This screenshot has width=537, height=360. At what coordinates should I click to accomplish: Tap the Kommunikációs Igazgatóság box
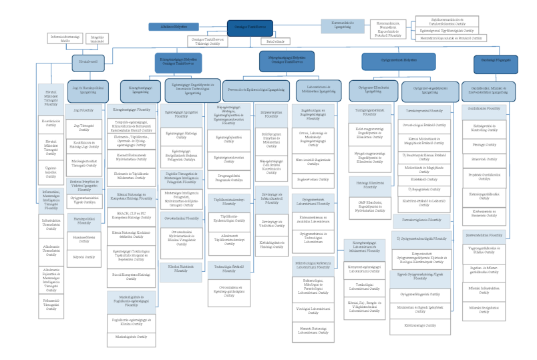pos(342,25)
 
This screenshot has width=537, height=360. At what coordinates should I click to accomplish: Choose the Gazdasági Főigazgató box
pos(495,64)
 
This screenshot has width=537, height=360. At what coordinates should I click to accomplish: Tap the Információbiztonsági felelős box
pos(65,38)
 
